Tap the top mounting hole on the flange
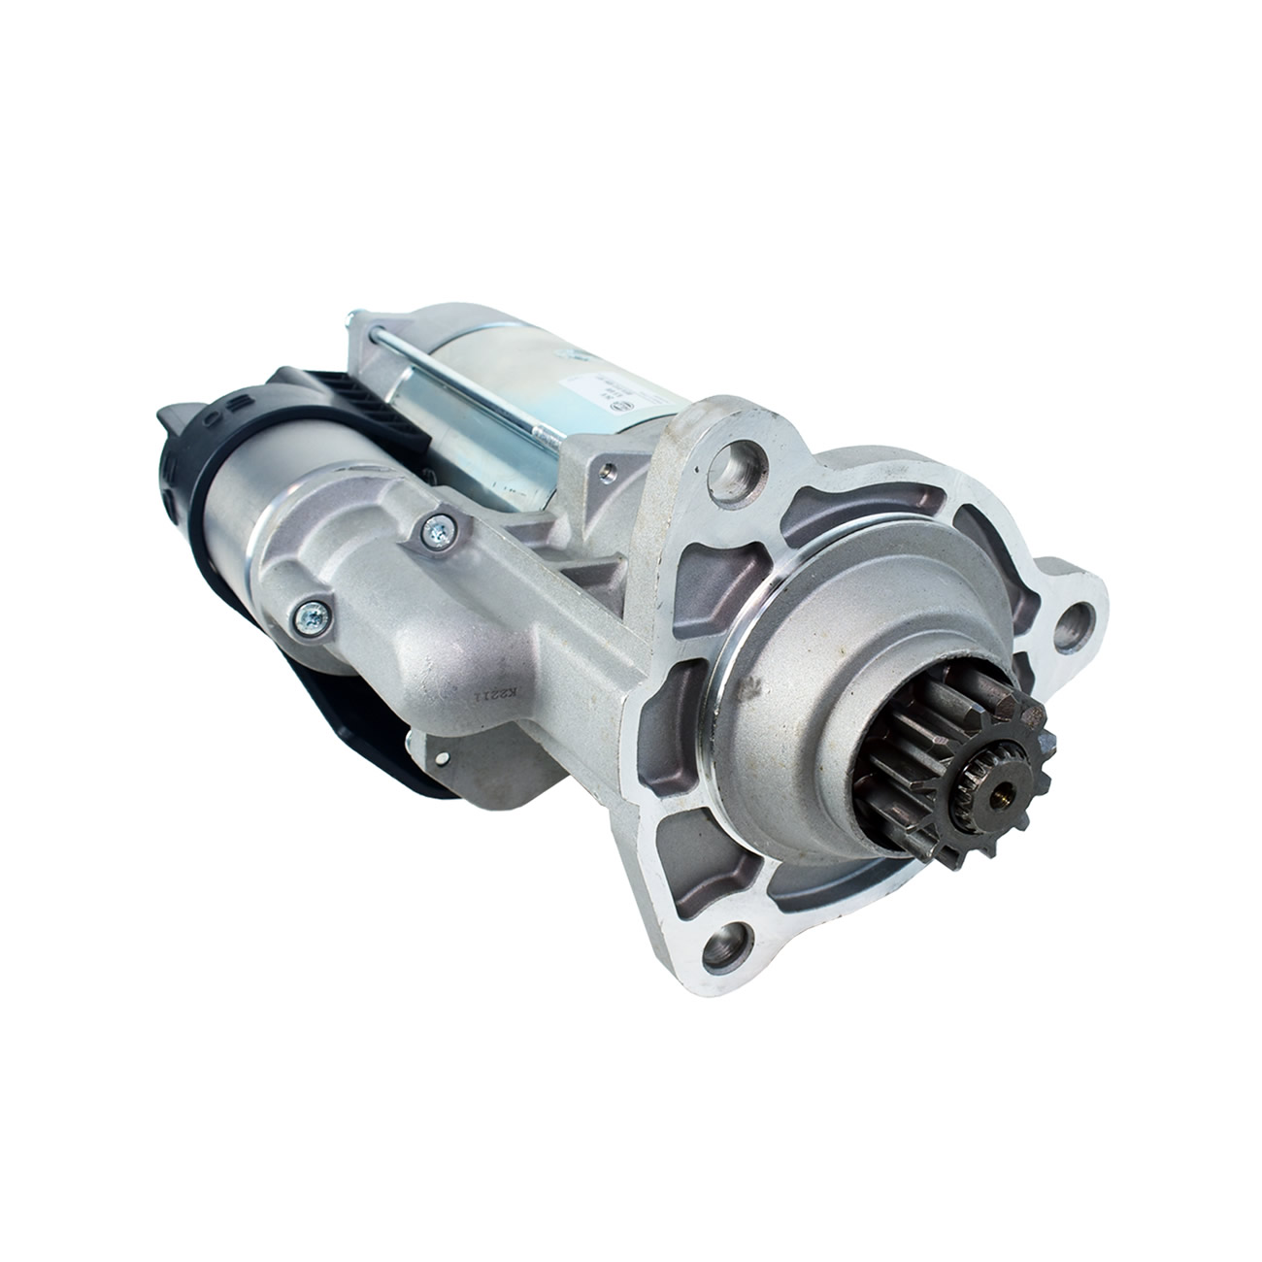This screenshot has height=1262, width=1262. pyautogui.click(x=745, y=453)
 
